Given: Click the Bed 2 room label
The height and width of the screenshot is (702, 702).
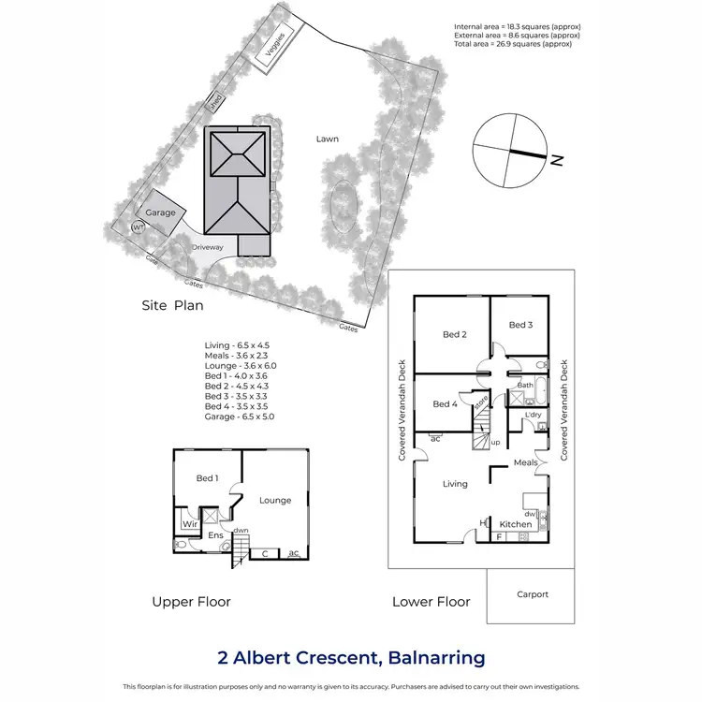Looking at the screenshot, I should click(x=454, y=334).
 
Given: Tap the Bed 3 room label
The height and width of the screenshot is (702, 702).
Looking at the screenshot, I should click(x=520, y=325).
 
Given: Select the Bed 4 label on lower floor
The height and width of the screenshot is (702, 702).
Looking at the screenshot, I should click(x=446, y=404).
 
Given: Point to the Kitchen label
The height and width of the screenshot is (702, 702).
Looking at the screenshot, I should click(x=515, y=524).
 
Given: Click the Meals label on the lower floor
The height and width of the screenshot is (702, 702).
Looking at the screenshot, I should click(x=525, y=462).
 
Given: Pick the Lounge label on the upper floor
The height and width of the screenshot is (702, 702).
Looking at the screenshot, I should click(x=275, y=500).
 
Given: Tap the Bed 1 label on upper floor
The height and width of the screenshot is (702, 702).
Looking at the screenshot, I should click(x=207, y=478).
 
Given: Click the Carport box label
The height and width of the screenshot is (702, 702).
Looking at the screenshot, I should click(x=532, y=594).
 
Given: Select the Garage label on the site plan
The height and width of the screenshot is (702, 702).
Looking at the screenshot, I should click(x=160, y=212).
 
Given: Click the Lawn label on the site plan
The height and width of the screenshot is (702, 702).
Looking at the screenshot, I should click(x=327, y=139).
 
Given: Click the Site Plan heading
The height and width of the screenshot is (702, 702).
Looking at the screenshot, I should click(x=172, y=305).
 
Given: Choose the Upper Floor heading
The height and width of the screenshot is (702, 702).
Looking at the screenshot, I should click(x=191, y=602).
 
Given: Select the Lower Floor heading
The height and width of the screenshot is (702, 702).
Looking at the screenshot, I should click(x=431, y=602).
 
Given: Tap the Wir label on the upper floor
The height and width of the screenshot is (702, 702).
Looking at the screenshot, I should click(x=190, y=525).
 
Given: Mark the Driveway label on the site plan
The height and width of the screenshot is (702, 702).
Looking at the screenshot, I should click(x=208, y=247).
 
